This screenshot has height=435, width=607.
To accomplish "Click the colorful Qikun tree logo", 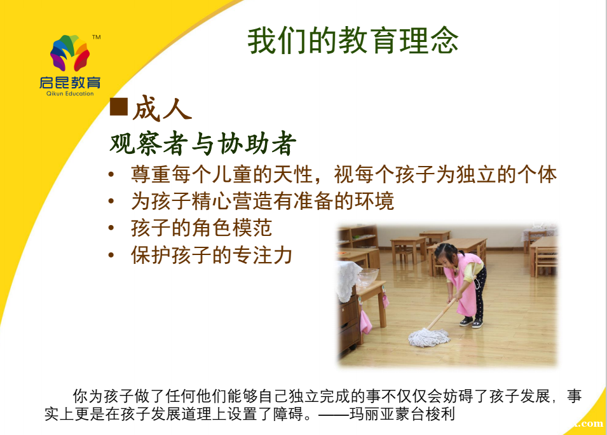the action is [70, 53].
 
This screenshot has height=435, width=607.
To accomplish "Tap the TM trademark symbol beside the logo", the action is [97, 37].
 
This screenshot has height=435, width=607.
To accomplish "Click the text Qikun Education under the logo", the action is [70, 93].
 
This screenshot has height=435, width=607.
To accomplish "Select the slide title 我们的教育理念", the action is [353, 41].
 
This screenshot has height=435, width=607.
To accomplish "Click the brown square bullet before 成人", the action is [119, 106].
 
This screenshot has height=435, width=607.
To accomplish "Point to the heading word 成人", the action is [162, 108].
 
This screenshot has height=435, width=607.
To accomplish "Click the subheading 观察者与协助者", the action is [203, 143].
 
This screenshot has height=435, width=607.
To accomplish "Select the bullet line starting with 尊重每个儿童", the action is [344, 174].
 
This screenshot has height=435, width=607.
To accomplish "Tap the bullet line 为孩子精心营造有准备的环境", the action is [263, 201].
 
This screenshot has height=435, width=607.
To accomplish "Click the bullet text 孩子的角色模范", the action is [201, 228].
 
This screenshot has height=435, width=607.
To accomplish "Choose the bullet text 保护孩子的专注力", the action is [212, 255].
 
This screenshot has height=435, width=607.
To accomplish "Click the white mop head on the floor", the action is [429, 337].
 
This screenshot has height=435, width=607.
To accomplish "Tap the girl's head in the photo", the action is [446, 256].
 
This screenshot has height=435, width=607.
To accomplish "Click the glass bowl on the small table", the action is [366, 277].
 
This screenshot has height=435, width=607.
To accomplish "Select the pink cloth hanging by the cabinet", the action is [366, 322].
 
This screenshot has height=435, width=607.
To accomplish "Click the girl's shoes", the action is [472, 322].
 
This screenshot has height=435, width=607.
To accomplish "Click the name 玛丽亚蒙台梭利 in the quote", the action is [402, 414].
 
